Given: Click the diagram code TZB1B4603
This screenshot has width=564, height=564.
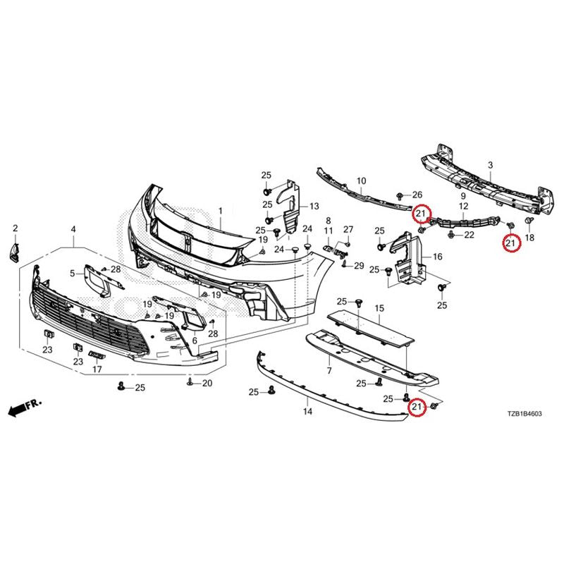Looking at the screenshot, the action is click(x=525, y=414).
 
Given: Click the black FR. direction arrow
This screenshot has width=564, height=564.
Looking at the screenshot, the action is click(x=25, y=407).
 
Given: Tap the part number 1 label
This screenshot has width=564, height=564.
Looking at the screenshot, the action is click(x=220, y=211).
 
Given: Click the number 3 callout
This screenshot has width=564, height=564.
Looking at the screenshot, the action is click(x=490, y=166).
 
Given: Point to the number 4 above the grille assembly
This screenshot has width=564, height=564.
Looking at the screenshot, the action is click(x=73, y=229).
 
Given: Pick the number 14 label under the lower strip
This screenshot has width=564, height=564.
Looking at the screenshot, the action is click(x=307, y=411).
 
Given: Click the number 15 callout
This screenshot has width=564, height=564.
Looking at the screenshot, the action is click(x=379, y=308).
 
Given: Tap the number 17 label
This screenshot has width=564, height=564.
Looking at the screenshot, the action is click(x=97, y=369).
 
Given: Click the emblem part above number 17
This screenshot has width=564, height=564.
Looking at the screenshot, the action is click(x=97, y=355).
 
